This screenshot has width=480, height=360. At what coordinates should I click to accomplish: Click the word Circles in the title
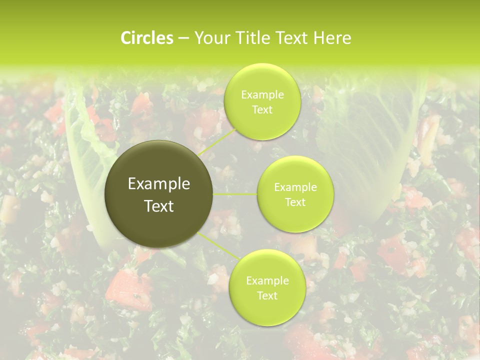point(146,38)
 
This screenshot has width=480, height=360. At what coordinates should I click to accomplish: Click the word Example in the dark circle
point(159,184)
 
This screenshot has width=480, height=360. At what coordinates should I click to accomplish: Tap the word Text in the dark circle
point(159,206)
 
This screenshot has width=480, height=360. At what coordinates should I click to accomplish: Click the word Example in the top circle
point(262,95)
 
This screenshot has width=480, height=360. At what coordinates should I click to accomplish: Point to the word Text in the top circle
point(262,110)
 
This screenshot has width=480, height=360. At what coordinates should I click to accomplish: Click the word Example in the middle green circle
point(295,187)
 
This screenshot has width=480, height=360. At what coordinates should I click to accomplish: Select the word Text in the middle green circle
point(295,202)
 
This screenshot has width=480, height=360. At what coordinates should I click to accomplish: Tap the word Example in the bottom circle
point(267,281)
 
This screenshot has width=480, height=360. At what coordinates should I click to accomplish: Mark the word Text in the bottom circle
point(267,296)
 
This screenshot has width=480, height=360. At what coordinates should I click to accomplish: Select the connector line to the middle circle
point(235,194)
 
